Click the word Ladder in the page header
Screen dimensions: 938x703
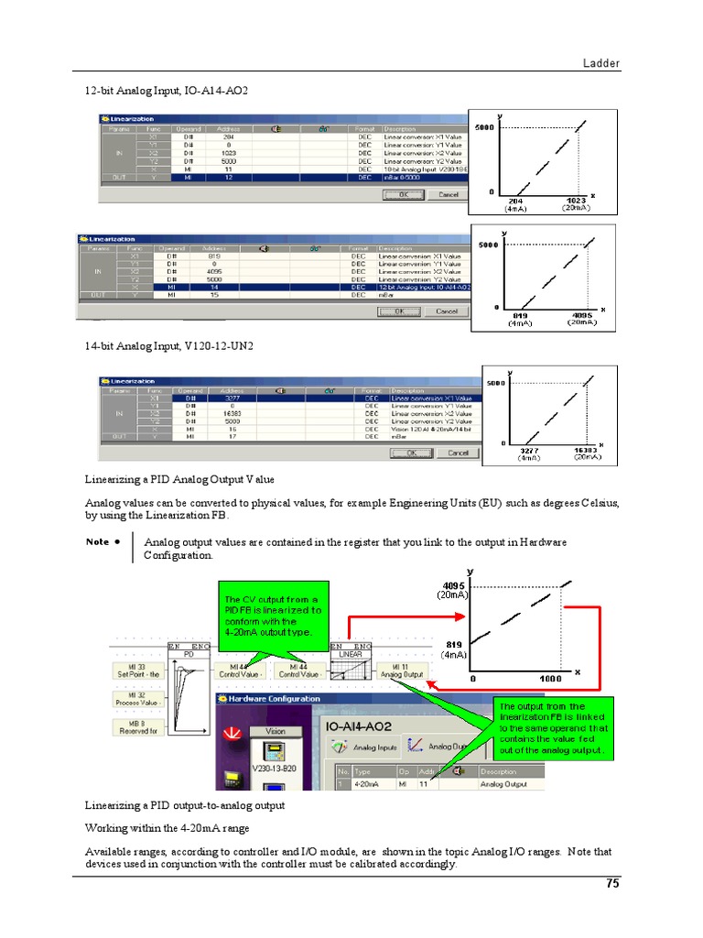(x=601, y=63)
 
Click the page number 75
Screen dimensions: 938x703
(x=612, y=884)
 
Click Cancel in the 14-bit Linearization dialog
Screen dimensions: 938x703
(x=458, y=453)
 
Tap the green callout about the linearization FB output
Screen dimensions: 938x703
(x=552, y=728)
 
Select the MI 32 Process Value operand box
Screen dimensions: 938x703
(x=137, y=699)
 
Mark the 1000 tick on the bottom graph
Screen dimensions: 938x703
(x=550, y=679)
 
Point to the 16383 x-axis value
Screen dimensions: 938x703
(x=586, y=450)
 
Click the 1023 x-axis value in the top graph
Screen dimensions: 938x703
(x=575, y=200)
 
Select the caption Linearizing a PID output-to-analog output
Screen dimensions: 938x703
(x=185, y=805)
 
